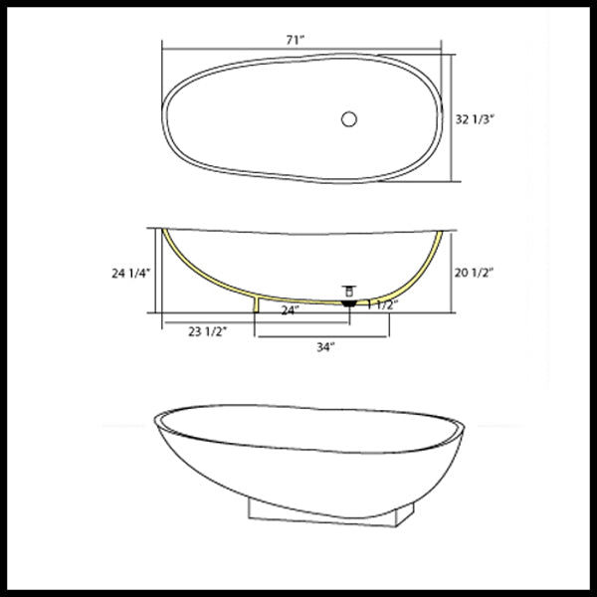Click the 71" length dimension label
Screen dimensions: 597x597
295,39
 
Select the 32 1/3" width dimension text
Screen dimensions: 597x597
476,118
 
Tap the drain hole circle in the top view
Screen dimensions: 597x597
348,118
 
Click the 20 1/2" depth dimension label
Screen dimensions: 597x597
475,271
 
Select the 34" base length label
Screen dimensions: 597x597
324,347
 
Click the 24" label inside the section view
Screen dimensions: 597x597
290,309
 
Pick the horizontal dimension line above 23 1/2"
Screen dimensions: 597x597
209,322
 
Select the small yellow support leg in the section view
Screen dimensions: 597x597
258,303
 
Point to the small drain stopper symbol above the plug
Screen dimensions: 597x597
348,290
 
